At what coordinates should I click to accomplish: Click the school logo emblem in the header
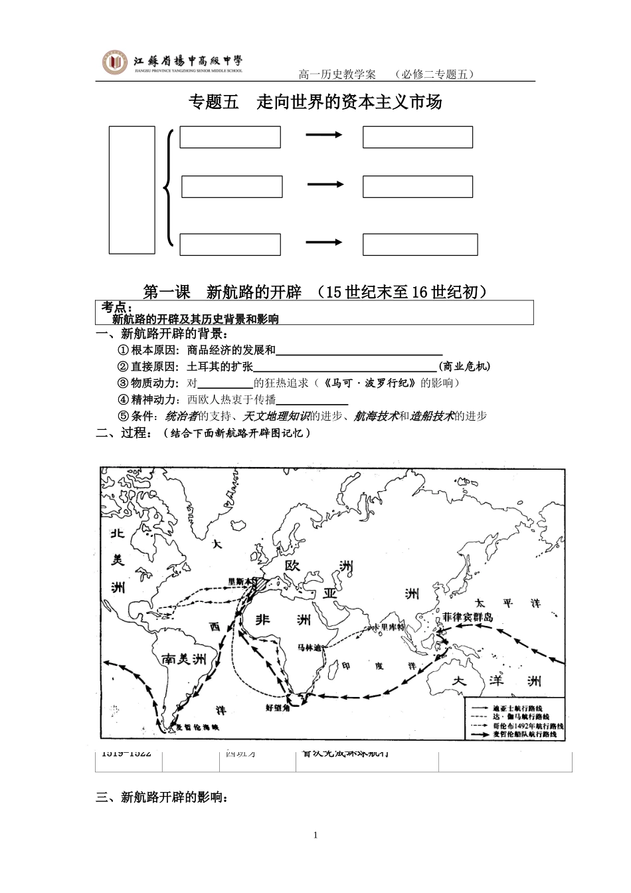tap(115, 63)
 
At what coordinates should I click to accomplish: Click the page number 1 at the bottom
tap(315, 835)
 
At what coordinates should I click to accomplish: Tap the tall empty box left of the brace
tap(132, 189)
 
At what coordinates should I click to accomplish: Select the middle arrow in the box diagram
tap(325, 185)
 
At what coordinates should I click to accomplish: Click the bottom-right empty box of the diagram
tap(420, 245)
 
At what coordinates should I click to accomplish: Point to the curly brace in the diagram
tap(169, 189)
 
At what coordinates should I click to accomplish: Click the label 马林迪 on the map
tap(310, 648)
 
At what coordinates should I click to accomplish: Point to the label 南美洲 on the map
tap(184, 658)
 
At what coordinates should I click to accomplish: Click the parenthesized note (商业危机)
tap(464, 366)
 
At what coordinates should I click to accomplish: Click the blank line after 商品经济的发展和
tap(359, 351)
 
